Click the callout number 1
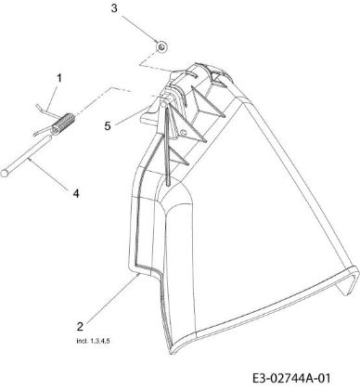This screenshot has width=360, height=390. point(59,78)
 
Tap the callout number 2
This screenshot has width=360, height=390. point(80,327)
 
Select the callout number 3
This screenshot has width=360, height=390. point(114,8)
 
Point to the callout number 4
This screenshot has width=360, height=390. point(76,193)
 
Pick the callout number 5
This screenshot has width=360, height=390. point(108,126)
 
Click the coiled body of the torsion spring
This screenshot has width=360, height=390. point(63,123)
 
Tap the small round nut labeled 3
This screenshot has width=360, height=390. point(161,46)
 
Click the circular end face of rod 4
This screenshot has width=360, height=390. point(5,173)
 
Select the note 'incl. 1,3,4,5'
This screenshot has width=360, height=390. point(93,341)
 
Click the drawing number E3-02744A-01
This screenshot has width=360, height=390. point(291,378)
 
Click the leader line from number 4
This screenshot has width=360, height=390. point(48,174)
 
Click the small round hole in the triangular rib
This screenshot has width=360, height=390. point(182,134)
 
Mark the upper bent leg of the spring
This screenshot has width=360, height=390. point(46,110)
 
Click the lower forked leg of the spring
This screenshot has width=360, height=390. point(44,130)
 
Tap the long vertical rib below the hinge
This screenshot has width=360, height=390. point(166,146)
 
